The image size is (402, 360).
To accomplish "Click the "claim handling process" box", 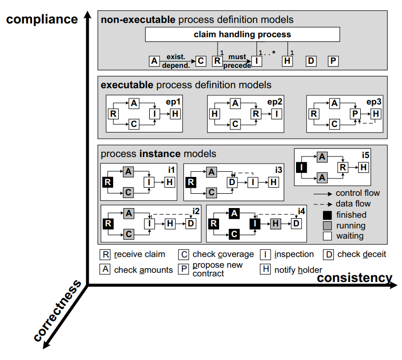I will point(243,35).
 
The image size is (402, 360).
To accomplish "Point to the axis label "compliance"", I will point(42,19).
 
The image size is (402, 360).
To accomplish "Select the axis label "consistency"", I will point(355,278).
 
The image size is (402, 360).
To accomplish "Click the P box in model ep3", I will point(355,114).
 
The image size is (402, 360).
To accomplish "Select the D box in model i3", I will point(232,182).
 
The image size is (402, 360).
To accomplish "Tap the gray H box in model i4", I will point(275,223).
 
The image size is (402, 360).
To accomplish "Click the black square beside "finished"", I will point(328,215).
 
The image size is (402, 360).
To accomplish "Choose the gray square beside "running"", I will point(328,225).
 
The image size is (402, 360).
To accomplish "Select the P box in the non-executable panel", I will point(333,61).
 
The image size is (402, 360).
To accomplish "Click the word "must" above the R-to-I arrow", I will point(237,57).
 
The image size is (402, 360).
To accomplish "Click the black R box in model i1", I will point(108,182).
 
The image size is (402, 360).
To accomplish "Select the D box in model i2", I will point(190,223).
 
